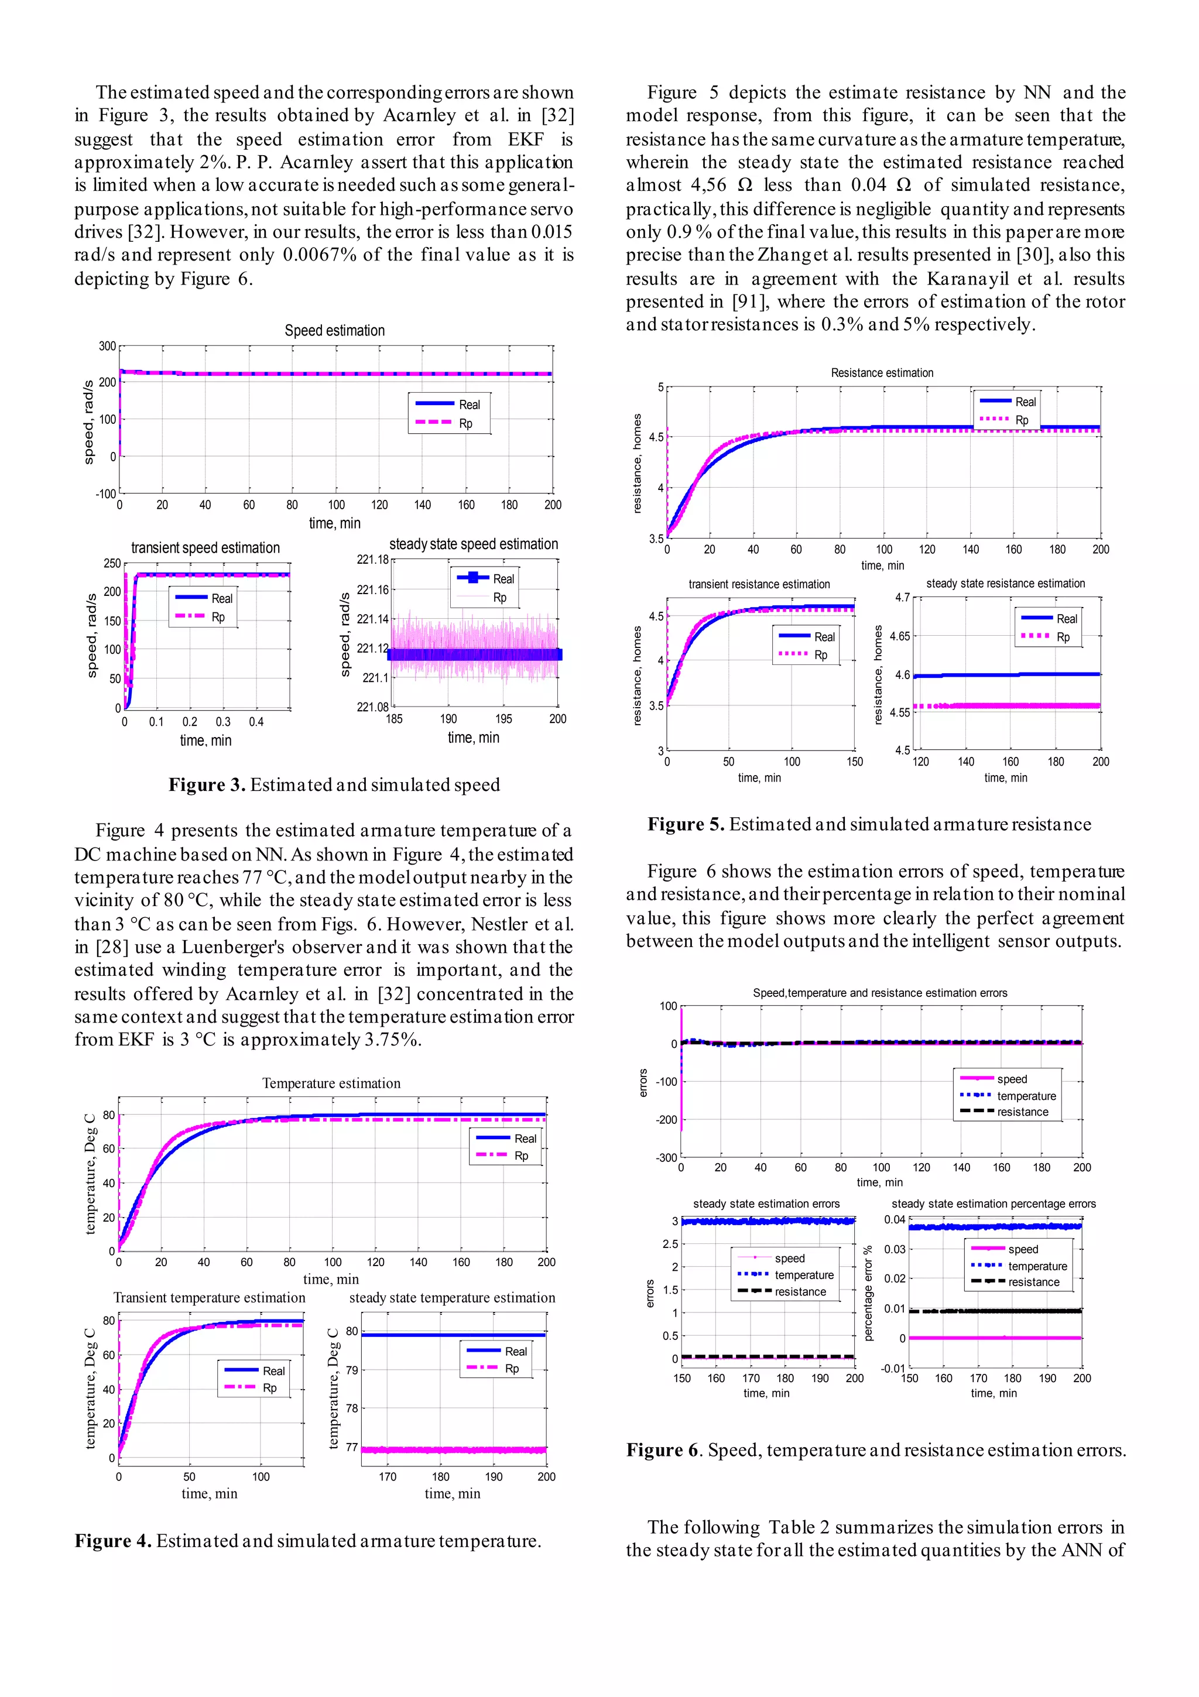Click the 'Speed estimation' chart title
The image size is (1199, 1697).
click(334, 330)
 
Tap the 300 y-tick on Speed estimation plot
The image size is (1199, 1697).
click(107, 346)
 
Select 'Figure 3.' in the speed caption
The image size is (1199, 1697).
click(206, 785)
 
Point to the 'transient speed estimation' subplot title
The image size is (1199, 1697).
click(205, 548)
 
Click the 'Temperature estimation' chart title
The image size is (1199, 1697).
click(331, 1084)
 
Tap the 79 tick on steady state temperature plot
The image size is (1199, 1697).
click(352, 1370)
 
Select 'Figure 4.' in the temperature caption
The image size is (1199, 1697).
click(112, 1541)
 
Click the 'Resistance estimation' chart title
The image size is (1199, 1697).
click(882, 373)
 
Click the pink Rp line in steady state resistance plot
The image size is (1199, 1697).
click(1035, 706)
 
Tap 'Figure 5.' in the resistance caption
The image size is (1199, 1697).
click(685, 825)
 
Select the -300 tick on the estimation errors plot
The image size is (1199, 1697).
click(666, 1157)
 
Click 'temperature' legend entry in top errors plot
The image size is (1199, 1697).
click(1026, 1096)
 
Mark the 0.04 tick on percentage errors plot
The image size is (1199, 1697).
click(895, 1219)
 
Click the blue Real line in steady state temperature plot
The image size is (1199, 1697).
click(458, 1335)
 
